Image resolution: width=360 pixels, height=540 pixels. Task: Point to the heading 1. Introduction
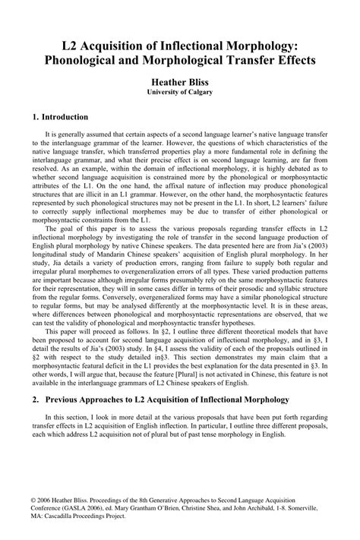pyautogui.click(x=61, y=117)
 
